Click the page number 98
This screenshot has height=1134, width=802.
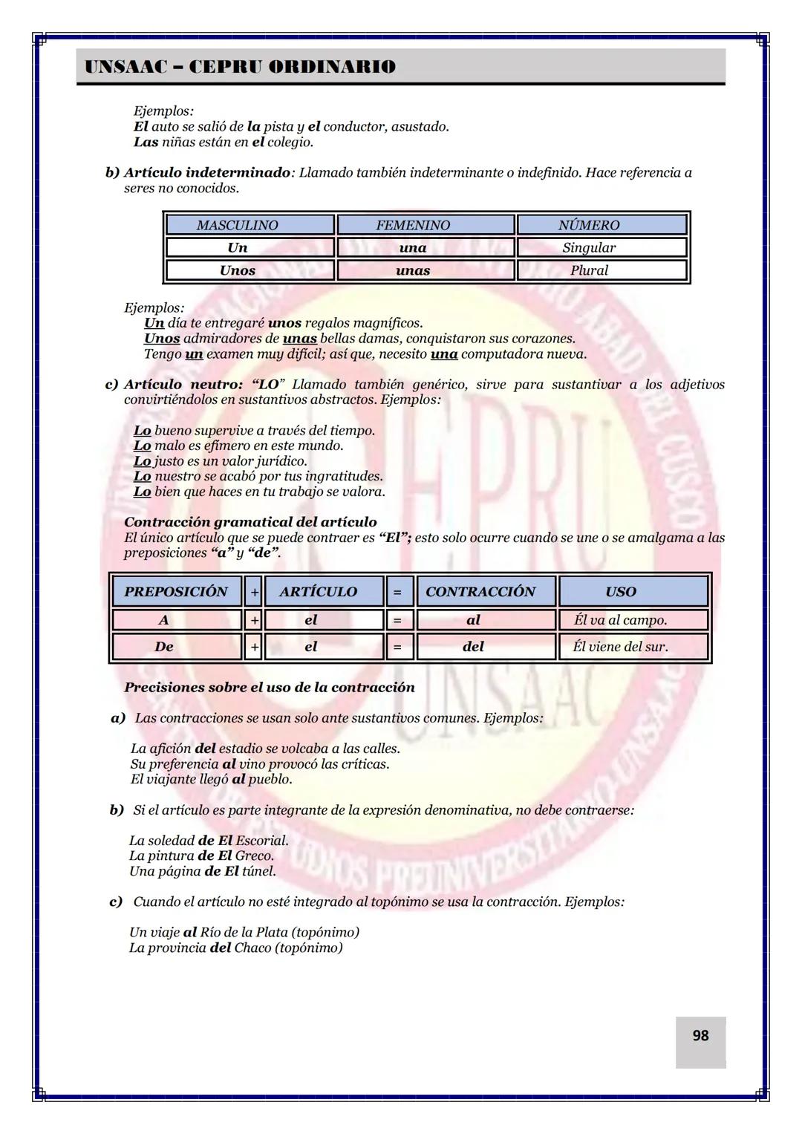click(x=700, y=1035)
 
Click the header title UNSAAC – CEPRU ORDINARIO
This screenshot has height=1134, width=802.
click(x=240, y=67)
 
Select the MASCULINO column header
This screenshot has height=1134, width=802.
click(x=238, y=225)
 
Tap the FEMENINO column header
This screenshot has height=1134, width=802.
click(x=413, y=225)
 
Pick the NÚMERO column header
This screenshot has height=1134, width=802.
click(x=589, y=225)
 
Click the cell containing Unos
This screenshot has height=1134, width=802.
click(x=238, y=270)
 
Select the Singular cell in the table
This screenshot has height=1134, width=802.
click(x=589, y=247)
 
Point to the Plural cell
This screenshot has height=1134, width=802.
click(x=589, y=270)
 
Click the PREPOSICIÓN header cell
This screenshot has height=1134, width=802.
click(x=176, y=592)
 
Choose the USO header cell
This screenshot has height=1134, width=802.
click(x=620, y=592)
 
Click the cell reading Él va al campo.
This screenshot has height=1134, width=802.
click(x=620, y=619)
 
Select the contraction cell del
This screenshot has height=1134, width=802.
click(x=473, y=647)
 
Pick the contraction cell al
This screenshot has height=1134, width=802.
click(x=473, y=619)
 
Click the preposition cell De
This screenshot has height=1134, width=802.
click(x=164, y=647)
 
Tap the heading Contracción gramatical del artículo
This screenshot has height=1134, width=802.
click(x=250, y=522)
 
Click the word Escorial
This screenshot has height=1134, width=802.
click(x=261, y=841)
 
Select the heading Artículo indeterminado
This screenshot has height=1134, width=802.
click(x=207, y=173)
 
